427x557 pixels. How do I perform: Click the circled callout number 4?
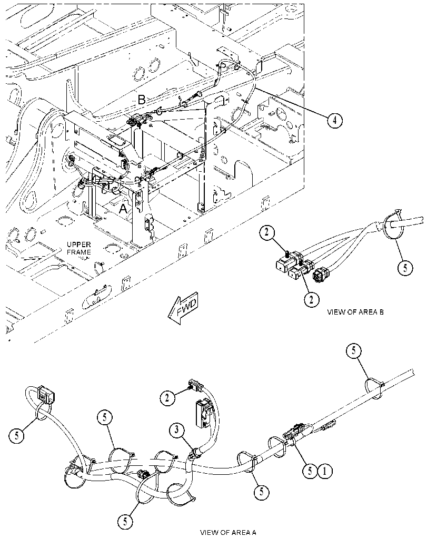click(334, 121)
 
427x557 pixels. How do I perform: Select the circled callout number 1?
click(326, 472)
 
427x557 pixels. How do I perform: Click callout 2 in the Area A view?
click(167, 398)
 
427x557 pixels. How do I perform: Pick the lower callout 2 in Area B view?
click(312, 299)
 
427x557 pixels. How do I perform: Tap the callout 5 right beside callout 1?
click(310, 472)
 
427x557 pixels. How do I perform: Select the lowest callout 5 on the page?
click(125, 522)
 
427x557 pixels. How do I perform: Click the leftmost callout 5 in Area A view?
click(17, 435)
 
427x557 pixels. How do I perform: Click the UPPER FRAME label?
click(79, 248)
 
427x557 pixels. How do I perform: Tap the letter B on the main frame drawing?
click(142, 100)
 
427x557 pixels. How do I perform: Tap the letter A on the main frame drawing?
click(123, 209)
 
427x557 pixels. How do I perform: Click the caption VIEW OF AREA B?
click(355, 312)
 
